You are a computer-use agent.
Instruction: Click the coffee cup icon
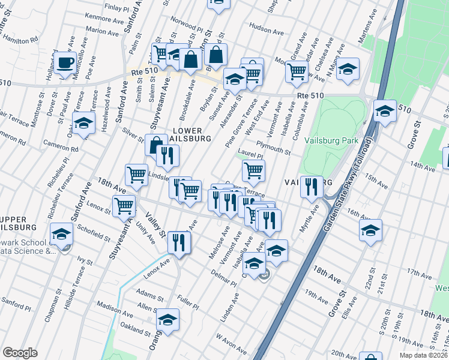tap(65, 63)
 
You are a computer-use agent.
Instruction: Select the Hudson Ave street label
tap(265, 28)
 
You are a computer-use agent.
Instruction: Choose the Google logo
tap(20, 352)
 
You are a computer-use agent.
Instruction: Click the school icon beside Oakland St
tap(168, 319)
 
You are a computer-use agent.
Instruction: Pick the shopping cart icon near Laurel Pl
tap(253, 170)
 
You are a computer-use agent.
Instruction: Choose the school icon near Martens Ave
tap(348, 69)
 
